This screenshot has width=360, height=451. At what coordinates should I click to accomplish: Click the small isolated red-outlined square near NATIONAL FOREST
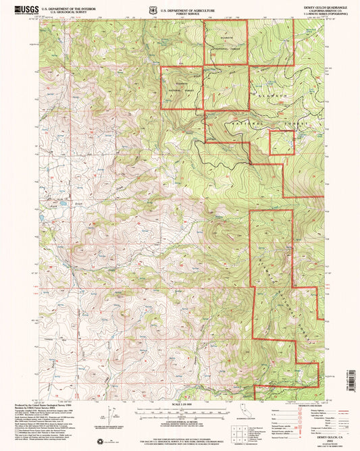pos(282,142)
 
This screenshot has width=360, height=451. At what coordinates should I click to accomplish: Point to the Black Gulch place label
pos(76,204)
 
